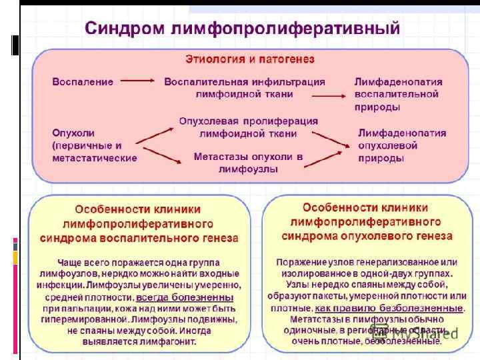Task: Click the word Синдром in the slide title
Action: point(125,29)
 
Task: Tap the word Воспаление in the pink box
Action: point(83,81)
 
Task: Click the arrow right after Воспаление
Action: point(138,81)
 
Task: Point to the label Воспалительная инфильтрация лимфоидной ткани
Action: point(245,88)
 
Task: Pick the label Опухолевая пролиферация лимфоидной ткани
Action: point(249,127)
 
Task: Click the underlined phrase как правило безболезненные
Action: point(389,308)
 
